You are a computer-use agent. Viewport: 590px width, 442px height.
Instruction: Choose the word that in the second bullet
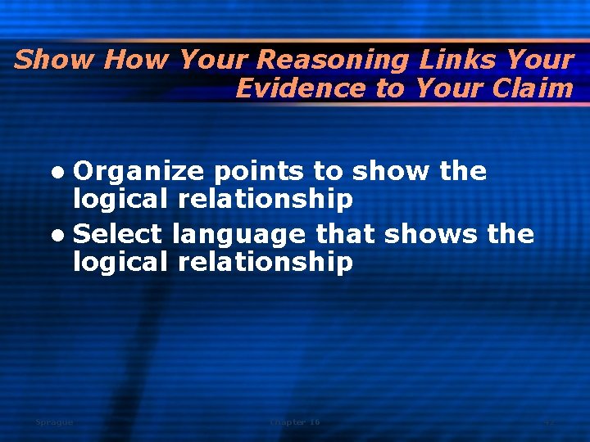coord(345,235)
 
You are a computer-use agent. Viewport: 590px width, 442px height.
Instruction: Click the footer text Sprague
coord(54,422)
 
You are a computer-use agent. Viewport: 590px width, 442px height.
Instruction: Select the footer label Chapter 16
coord(295,422)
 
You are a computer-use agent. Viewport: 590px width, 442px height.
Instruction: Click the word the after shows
coord(511,235)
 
